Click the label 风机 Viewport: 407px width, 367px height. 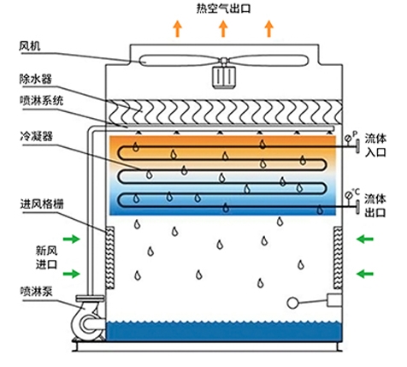pyautogui.click(x=29, y=46)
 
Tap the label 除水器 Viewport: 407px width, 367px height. pyautogui.click(x=36, y=79)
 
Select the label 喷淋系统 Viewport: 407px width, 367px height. pyautogui.click(x=42, y=100)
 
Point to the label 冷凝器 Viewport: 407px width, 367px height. pyautogui.click(x=36, y=136)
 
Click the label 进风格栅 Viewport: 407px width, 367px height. pyautogui.click(x=42, y=204)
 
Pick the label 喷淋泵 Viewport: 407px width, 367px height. pyautogui.click(x=36, y=291)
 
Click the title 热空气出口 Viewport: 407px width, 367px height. pyautogui.click(x=223, y=9)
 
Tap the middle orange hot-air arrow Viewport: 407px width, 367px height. pyautogui.click(x=223, y=28)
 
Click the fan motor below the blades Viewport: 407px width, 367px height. pyautogui.click(x=223, y=76)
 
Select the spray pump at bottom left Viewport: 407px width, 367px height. pyautogui.click(x=88, y=318)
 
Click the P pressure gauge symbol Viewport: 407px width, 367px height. pyautogui.click(x=348, y=138)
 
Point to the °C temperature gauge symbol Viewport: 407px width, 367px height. pyautogui.click(x=348, y=196)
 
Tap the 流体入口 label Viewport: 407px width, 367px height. pyautogui.click(x=375, y=145)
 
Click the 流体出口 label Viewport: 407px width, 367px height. pyautogui.click(x=375, y=205)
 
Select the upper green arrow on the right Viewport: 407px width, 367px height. pyautogui.click(x=365, y=239)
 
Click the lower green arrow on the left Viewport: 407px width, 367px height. pyautogui.click(x=71, y=274)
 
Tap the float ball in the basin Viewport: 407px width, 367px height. pyautogui.click(x=292, y=303)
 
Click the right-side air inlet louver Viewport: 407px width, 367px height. pyautogui.click(x=338, y=257)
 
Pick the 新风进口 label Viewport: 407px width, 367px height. pyautogui.click(x=46, y=257)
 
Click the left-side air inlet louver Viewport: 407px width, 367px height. pyautogui.click(x=110, y=257)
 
